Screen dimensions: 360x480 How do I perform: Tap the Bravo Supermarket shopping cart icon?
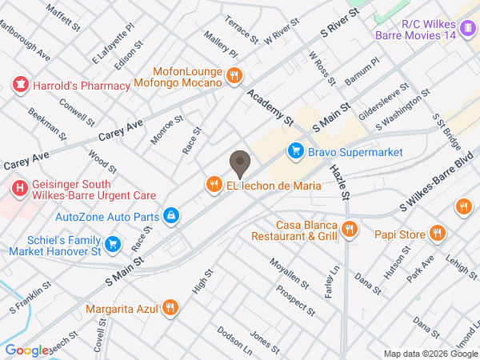(296, 150)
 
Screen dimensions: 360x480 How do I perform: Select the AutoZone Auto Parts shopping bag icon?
(170, 215)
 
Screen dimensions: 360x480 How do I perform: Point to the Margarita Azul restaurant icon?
(170, 307)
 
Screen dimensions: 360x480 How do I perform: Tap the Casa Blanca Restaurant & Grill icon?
(349, 230)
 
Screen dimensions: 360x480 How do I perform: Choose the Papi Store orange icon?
(436, 234)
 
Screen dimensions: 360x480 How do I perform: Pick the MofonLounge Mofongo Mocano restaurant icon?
(234, 76)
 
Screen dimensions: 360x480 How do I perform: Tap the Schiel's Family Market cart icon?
(113, 244)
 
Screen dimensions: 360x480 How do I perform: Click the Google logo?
(26, 350)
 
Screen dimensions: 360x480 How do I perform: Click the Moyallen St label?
(289, 273)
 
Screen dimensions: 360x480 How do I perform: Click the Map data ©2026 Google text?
(429, 354)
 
